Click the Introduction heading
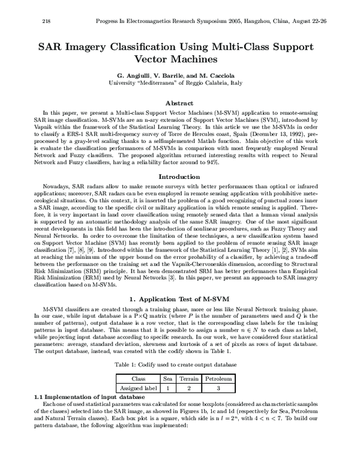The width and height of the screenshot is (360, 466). [x=179, y=160]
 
